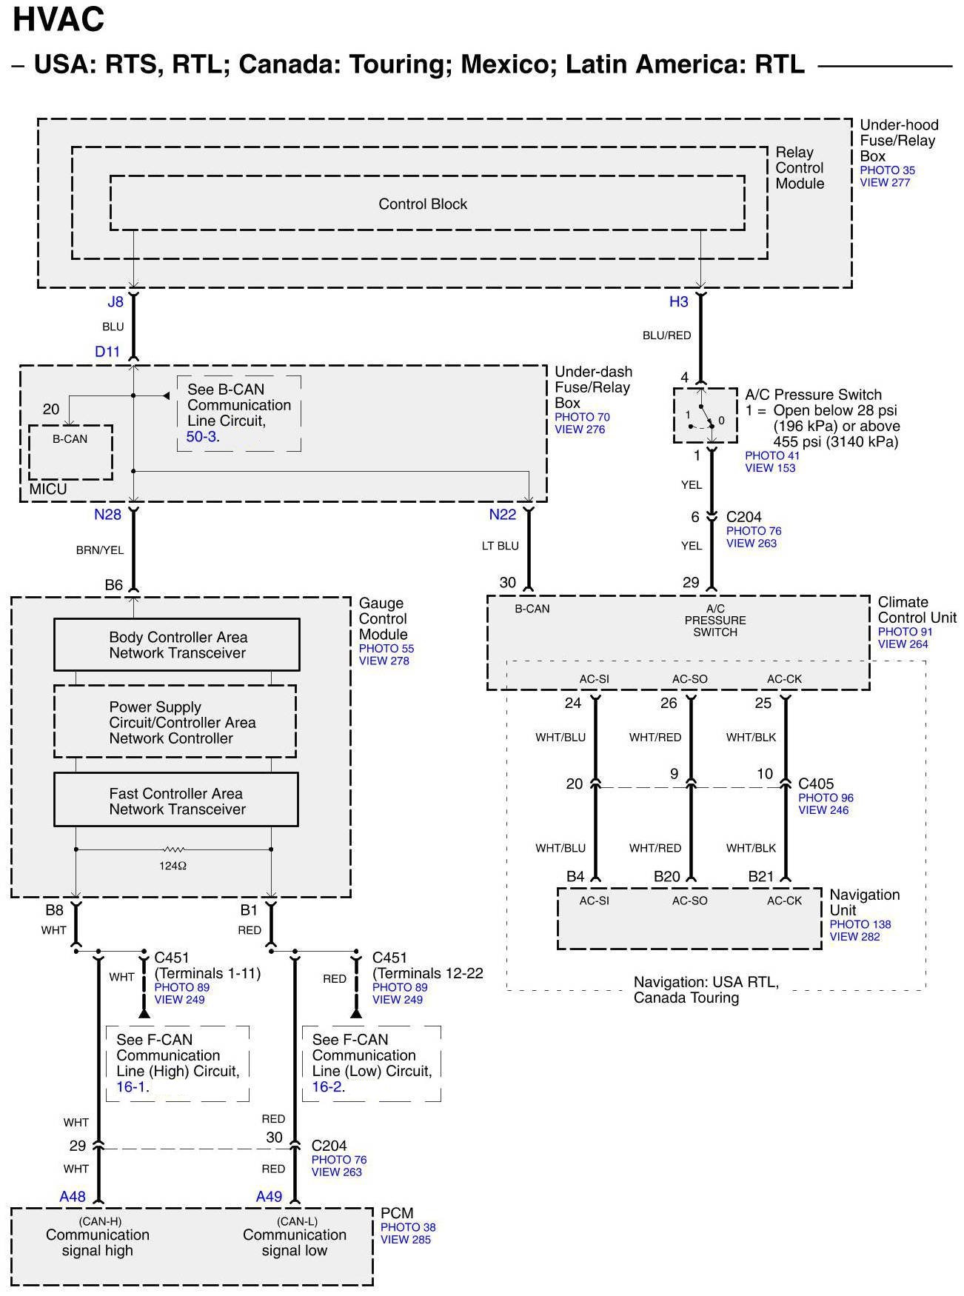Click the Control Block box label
pos(423,204)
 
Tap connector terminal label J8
pos(116,301)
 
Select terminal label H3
pos(679,301)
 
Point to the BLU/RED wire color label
pos(666,335)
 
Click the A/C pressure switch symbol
pos(704,416)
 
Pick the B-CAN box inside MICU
pos(70,451)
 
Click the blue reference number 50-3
pos(201,437)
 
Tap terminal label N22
pos(503,515)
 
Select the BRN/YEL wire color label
pos(100,550)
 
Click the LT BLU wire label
pos(501,546)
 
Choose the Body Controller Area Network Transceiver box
pos(177,645)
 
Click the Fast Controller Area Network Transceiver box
pos(176,801)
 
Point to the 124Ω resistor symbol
pos(173,849)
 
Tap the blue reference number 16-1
pos(132,1087)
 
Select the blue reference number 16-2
pos(327,1087)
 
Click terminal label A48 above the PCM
pos(73,1196)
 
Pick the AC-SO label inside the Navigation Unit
pos(689,901)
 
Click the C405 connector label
pos(816,784)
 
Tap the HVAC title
pos(58,19)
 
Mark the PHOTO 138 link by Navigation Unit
pos(860,924)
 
